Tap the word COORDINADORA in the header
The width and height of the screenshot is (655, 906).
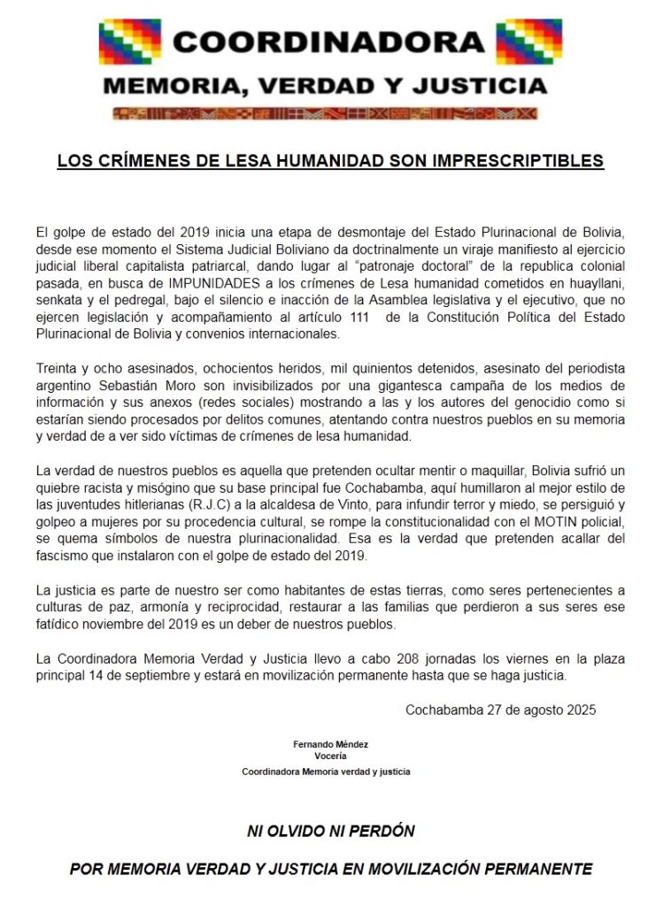(x=328, y=41)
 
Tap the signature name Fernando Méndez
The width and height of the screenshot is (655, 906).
(x=329, y=743)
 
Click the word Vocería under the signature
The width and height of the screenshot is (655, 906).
(x=329, y=756)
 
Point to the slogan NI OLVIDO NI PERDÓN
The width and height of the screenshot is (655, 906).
(x=330, y=832)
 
